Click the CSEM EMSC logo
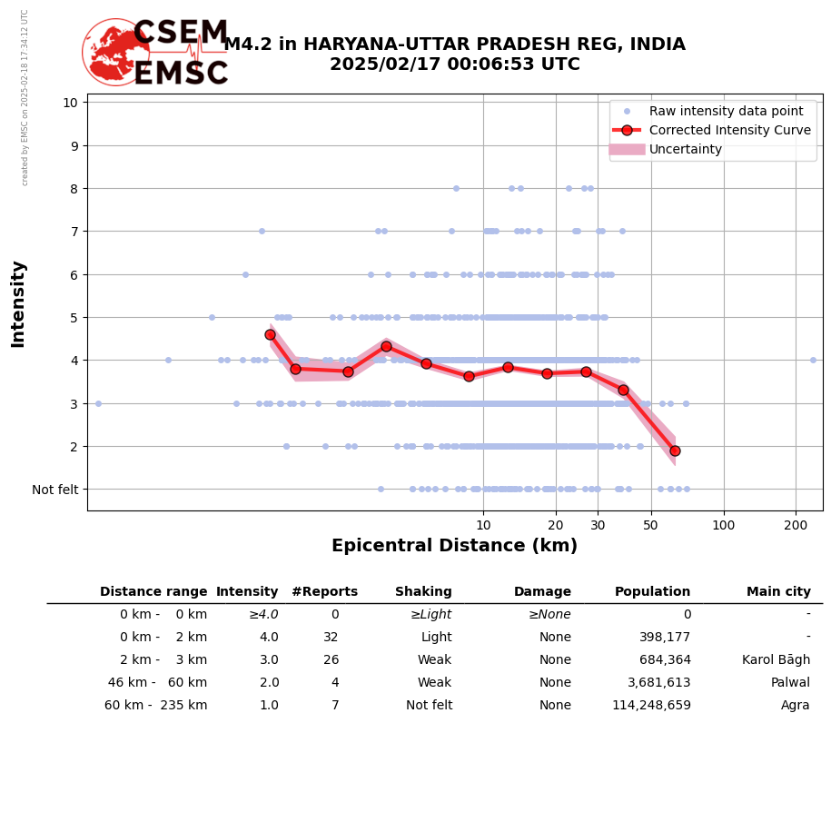click(156, 53)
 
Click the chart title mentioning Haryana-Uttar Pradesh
click(454, 54)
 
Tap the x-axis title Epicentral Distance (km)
click(454, 546)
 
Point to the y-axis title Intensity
click(18, 303)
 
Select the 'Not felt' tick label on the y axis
click(55, 490)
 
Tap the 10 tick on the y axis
click(70, 102)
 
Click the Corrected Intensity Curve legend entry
click(729, 130)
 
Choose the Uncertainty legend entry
click(686, 149)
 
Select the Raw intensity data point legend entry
click(726, 111)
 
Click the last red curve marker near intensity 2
click(675, 451)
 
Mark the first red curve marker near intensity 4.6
click(270, 334)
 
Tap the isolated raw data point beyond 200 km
click(813, 360)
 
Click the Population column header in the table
click(652, 592)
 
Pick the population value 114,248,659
click(651, 706)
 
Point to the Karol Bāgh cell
click(776, 660)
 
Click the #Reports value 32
click(331, 638)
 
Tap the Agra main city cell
click(795, 706)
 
